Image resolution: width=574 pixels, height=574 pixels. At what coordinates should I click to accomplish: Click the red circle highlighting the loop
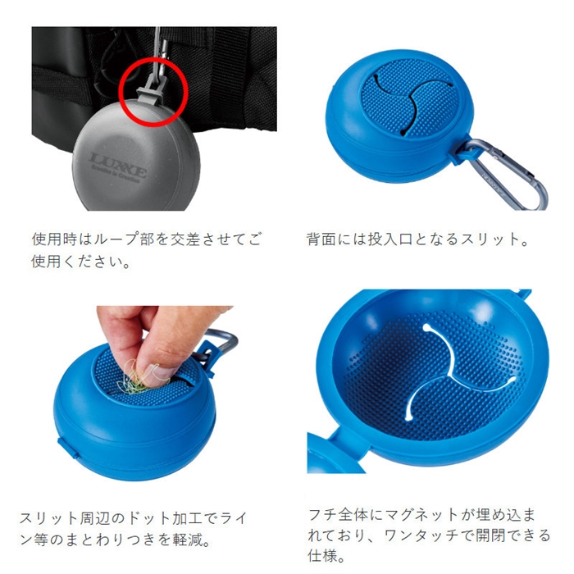[x=120, y=92]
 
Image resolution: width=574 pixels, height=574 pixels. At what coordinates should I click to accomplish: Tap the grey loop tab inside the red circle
[x=153, y=91]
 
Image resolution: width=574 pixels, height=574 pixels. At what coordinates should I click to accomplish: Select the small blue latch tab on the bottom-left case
[x=69, y=447]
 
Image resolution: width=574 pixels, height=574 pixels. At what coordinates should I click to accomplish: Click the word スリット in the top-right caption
[x=490, y=239]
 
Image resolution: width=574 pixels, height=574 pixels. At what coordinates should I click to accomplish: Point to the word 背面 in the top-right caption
[x=321, y=239]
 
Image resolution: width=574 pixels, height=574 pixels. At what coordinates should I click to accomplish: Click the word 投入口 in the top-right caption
[x=390, y=239]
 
